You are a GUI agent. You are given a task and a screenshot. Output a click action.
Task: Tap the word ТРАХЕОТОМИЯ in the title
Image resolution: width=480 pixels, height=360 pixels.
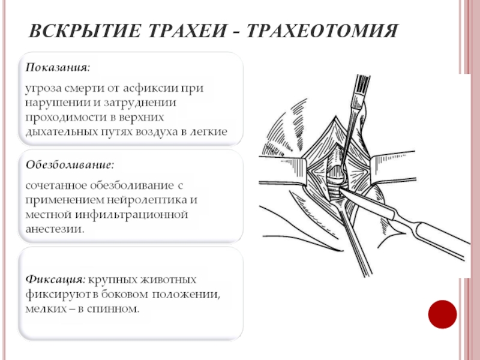322,31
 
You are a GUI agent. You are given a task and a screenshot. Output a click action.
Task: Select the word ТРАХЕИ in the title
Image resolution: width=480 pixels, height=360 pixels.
188,31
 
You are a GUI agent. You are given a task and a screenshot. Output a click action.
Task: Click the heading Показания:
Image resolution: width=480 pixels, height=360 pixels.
58,67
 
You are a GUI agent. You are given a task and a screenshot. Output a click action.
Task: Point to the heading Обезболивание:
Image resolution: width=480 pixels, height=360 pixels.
70,165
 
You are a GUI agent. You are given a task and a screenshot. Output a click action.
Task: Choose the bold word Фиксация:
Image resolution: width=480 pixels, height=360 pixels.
56,280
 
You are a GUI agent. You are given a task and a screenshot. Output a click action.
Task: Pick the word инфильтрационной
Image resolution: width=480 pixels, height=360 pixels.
132,215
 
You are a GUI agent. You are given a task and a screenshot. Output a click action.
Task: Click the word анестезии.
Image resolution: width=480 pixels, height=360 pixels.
55,229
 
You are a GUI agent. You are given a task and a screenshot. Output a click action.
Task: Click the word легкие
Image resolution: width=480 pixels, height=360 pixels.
209,132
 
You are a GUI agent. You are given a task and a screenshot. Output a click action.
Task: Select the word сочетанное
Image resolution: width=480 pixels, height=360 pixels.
56,186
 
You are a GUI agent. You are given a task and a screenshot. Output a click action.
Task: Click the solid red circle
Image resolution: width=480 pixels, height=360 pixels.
442,314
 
